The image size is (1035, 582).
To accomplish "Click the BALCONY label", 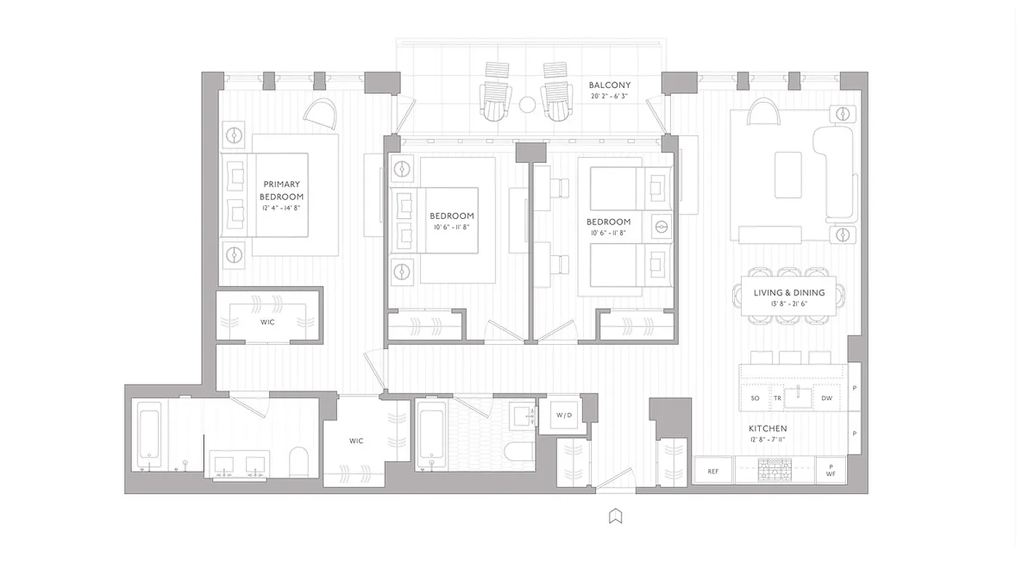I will pos(609,85).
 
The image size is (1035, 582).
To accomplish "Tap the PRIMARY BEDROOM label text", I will pos(282,191).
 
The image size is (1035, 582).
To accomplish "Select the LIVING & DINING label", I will pos(789,292).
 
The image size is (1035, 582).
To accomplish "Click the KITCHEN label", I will pos(768,428).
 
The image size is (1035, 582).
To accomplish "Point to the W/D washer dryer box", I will pos(564,415).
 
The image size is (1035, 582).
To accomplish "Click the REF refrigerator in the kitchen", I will pos(713,471).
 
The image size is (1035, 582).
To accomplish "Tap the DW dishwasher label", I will pos(827,398).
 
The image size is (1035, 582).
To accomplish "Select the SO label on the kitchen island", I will pos(755,398).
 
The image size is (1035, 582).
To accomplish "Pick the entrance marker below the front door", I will pos(615,517).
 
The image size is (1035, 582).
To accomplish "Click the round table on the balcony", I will pos(528,105).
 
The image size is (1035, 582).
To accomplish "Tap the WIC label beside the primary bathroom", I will pos(356,441).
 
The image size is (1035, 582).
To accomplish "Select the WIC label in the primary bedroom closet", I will pos(267,322).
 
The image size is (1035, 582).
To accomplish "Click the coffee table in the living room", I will pos(788,175).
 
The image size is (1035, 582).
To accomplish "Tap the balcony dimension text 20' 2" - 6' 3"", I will pos(609,96).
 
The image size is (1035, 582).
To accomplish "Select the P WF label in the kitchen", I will pos(830,471).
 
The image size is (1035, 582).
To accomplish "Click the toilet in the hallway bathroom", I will pos(519,453).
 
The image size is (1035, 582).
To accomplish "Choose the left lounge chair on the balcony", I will pos(496,92).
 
